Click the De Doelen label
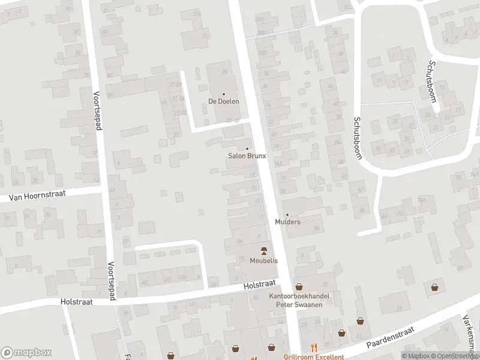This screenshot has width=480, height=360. point(224,101)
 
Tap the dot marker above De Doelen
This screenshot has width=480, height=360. point(224,94)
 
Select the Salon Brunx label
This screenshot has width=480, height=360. point(247,156)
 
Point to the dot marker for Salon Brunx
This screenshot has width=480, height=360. point(247,149)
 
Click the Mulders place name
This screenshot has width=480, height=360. point(287,222)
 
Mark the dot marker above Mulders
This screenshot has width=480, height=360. point(287,215)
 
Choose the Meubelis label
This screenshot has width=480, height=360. point(263,260)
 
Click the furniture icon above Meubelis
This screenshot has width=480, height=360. point(263,250)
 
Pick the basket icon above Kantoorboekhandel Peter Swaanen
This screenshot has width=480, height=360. point(299,287)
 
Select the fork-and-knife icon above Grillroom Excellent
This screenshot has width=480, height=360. point(313,347)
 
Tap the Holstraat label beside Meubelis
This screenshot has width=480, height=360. point(259,284)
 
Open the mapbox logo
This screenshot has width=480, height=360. point(26,353)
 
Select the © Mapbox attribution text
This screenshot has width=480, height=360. point(415,356)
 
